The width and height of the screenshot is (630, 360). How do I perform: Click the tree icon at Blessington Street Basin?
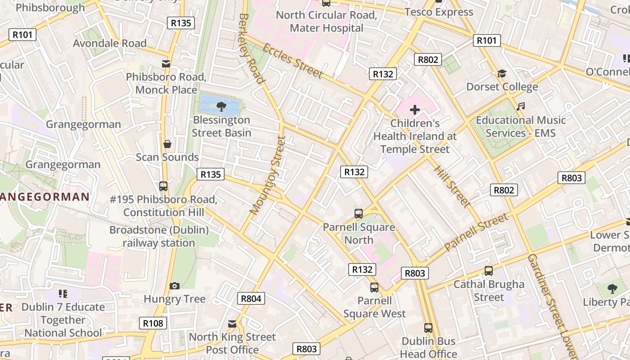221,107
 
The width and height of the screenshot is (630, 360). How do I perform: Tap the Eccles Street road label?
292,61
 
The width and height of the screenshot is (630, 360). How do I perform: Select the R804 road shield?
251,298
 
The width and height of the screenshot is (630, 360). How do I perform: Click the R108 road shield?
153,323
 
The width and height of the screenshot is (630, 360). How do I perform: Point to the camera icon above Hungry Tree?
175,286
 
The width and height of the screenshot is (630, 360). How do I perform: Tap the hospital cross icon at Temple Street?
415,110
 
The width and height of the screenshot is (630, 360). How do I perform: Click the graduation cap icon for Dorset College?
502,73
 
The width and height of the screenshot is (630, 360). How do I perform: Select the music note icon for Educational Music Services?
521,107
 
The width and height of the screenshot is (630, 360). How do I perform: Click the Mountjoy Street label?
268,175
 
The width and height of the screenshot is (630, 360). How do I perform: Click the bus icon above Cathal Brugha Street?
489,271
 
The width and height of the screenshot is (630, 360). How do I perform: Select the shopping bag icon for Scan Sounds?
167,144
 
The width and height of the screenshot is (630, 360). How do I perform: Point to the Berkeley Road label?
251,48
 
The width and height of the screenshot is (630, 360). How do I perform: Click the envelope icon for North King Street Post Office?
232,324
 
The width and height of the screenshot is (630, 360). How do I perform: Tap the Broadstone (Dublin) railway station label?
159,237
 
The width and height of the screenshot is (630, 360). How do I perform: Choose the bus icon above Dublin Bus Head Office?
428,328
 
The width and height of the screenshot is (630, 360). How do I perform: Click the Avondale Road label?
110,43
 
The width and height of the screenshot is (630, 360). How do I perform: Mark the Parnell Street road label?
476,232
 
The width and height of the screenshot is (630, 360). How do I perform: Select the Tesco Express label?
439,12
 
